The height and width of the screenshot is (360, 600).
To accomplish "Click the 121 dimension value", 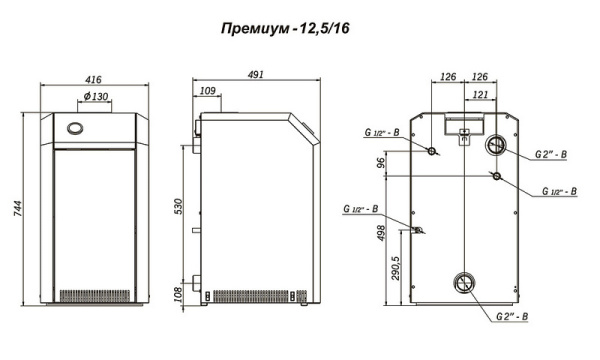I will [480, 94].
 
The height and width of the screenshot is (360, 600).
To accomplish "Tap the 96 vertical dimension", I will [381, 162].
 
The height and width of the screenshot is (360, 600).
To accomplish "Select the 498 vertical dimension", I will [381, 234].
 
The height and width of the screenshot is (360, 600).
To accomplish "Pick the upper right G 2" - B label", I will [550, 155].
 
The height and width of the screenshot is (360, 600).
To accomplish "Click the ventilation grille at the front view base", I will [97, 297].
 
